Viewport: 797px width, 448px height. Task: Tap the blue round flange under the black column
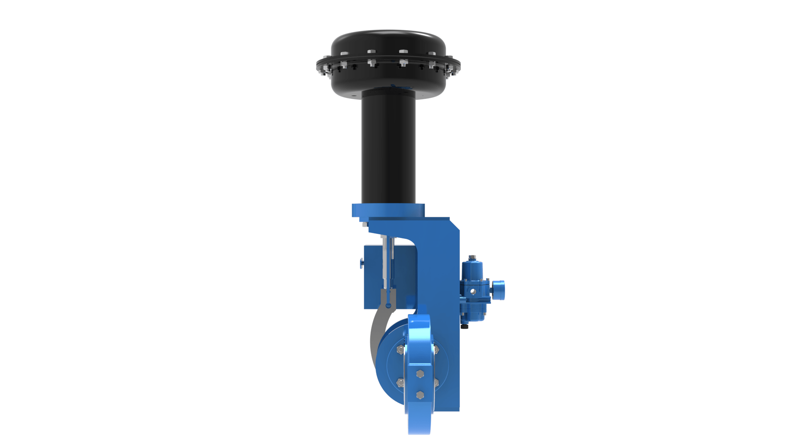coord(388,210)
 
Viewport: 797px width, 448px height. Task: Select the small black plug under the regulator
coord(465,327)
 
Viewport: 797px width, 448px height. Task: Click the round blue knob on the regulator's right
coord(499,290)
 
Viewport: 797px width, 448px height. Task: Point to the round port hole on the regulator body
coord(473,292)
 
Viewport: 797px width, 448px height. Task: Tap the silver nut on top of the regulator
coord(472,257)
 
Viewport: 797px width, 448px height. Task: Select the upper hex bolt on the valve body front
coord(420,374)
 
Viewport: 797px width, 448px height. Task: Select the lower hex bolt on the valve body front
coord(420,395)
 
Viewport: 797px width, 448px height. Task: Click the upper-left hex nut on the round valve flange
coord(400,350)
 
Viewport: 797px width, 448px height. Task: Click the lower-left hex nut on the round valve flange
coord(400,383)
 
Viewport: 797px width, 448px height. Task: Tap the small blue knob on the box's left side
coord(362,263)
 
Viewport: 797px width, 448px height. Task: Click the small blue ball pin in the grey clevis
coord(389,306)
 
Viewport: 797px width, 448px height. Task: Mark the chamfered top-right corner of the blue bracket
coord(455,225)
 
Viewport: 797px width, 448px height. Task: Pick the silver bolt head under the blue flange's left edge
coord(365,225)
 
